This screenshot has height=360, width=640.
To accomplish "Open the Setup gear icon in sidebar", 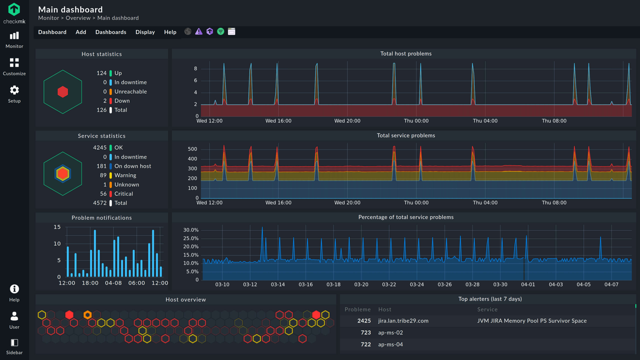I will (14, 90).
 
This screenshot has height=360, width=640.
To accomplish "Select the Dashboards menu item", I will (111, 32).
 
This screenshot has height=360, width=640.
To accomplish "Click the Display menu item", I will (145, 32).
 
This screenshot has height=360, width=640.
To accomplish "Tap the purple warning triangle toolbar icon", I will (199, 32).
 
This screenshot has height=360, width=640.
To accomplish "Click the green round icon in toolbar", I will (221, 32).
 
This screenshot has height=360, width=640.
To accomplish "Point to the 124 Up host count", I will (102, 73).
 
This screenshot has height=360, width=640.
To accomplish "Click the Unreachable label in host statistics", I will (130, 92).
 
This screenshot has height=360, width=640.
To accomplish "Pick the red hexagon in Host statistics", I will (63, 92).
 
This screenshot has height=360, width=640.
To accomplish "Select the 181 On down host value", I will (102, 166).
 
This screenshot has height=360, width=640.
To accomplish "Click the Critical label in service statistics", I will (123, 194).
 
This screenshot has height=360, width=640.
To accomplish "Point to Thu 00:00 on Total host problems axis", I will (416, 121).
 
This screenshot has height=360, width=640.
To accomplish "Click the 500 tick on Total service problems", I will (192, 149).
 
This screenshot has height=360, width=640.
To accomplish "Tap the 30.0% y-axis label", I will (191, 230).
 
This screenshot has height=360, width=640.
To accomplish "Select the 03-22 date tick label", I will (389, 284).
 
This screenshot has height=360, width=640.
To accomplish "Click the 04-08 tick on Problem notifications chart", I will (113, 283).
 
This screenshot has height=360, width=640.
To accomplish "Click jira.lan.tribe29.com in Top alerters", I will (403, 321).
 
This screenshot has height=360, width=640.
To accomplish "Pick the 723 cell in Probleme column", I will (366, 333).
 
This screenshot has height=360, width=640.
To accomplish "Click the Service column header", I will (487, 309).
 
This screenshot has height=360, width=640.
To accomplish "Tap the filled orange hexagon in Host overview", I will (87, 315).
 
